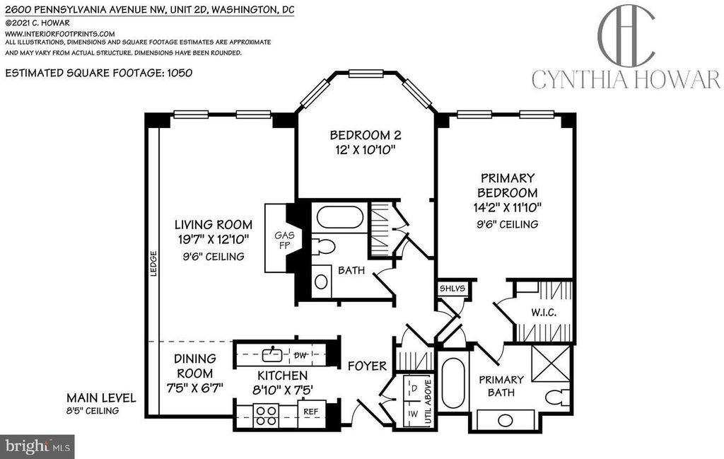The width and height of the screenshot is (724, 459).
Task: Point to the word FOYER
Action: [x=367, y=366]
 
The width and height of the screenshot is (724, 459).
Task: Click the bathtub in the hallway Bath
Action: [x=341, y=217]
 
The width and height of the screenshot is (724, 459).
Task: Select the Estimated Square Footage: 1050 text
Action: [x=99, y=72]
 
